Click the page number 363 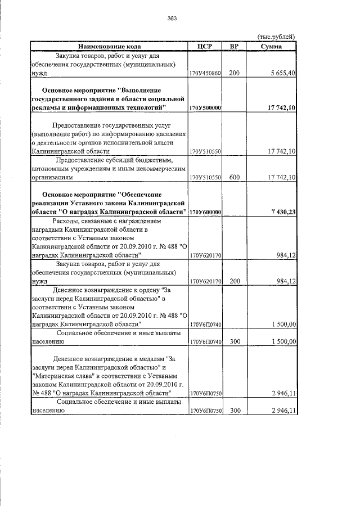click(x=172, y=19)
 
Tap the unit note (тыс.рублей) click(x=276, y=37)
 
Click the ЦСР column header click(x=205, y=46)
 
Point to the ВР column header click(x=235, y=46)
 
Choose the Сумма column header click(x=272, y=46)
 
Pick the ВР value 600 click(x=235, y=177)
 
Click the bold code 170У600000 click(x=205, y=212)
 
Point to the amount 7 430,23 click(x=282, y=212)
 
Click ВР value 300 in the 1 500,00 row click(x=235, y=341)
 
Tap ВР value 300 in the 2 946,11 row click(x=235, y=411)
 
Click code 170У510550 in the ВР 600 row click(x=205, y=177)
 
